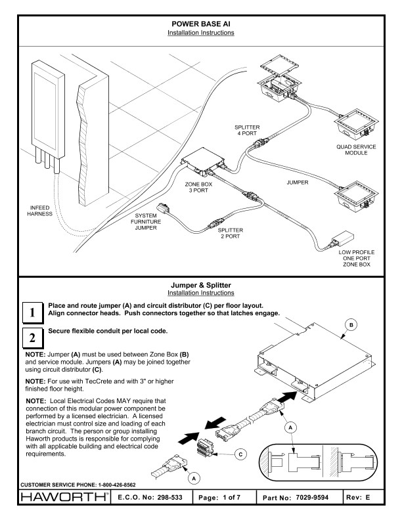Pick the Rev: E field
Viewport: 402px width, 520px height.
pos(374,502)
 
